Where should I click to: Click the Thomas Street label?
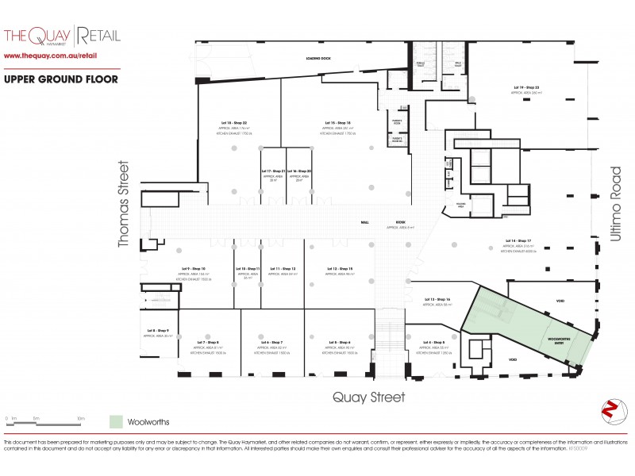click(123, 205)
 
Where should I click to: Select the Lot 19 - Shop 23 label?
click(526, 87)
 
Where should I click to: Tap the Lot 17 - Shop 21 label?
click(272, 171)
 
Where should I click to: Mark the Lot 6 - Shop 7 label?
click(271, 342)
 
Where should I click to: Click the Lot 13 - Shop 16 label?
click(437, 299)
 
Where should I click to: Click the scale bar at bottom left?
click(44, 417)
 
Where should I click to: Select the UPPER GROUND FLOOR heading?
click(61, 79)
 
